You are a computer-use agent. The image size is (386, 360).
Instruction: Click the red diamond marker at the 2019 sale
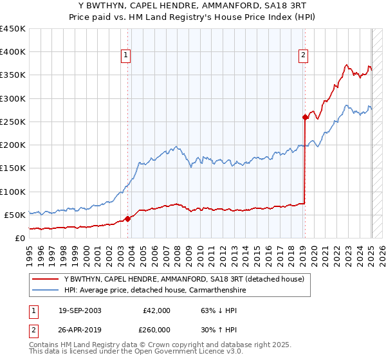[x=304, y=117]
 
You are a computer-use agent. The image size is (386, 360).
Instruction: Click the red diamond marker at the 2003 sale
[x=127, y=218]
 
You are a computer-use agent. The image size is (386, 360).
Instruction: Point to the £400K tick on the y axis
[x=12, y=52]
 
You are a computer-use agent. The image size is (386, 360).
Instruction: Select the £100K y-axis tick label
[x=12, y=192]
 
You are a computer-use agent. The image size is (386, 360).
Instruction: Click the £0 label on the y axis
[x=20, y=238]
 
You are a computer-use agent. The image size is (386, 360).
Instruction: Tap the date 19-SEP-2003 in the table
[x=80, y=310]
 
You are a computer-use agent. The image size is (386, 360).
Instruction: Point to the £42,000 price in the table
[x=156, y=310]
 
